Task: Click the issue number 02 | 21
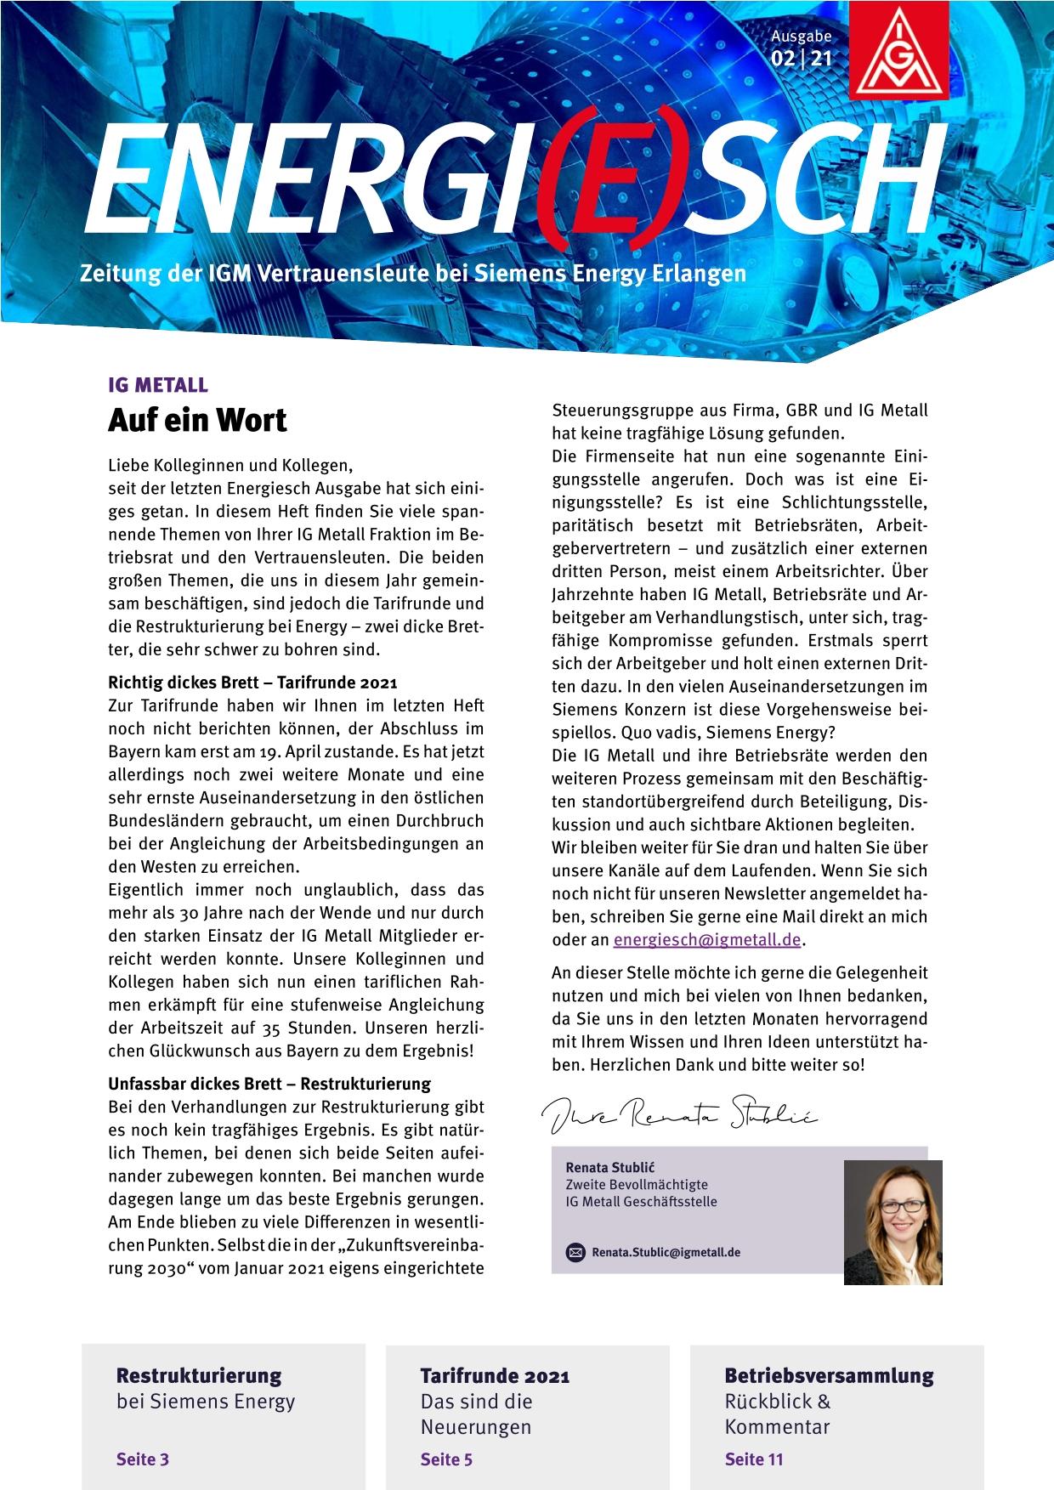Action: (802, 59)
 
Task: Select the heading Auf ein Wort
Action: (197, 420)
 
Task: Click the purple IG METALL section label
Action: (158, 385)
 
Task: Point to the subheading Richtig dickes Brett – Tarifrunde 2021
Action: (252, 683)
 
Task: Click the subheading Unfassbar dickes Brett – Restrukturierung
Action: (269, 1084)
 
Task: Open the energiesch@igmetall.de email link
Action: (707, 940)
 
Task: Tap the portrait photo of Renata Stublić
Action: (892, 1221)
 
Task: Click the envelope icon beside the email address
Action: (575, 1252)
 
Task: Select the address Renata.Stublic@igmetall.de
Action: (666, 1252)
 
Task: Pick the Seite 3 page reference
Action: (143, 1459)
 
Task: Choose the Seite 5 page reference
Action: (446, 1459)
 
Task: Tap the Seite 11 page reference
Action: (754, 1459)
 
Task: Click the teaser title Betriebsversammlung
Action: (829, 1375)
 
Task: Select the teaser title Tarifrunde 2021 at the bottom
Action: (495, 1375)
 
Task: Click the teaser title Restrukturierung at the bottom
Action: (199, 1375)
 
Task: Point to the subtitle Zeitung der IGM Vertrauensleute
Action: (412, 274)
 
